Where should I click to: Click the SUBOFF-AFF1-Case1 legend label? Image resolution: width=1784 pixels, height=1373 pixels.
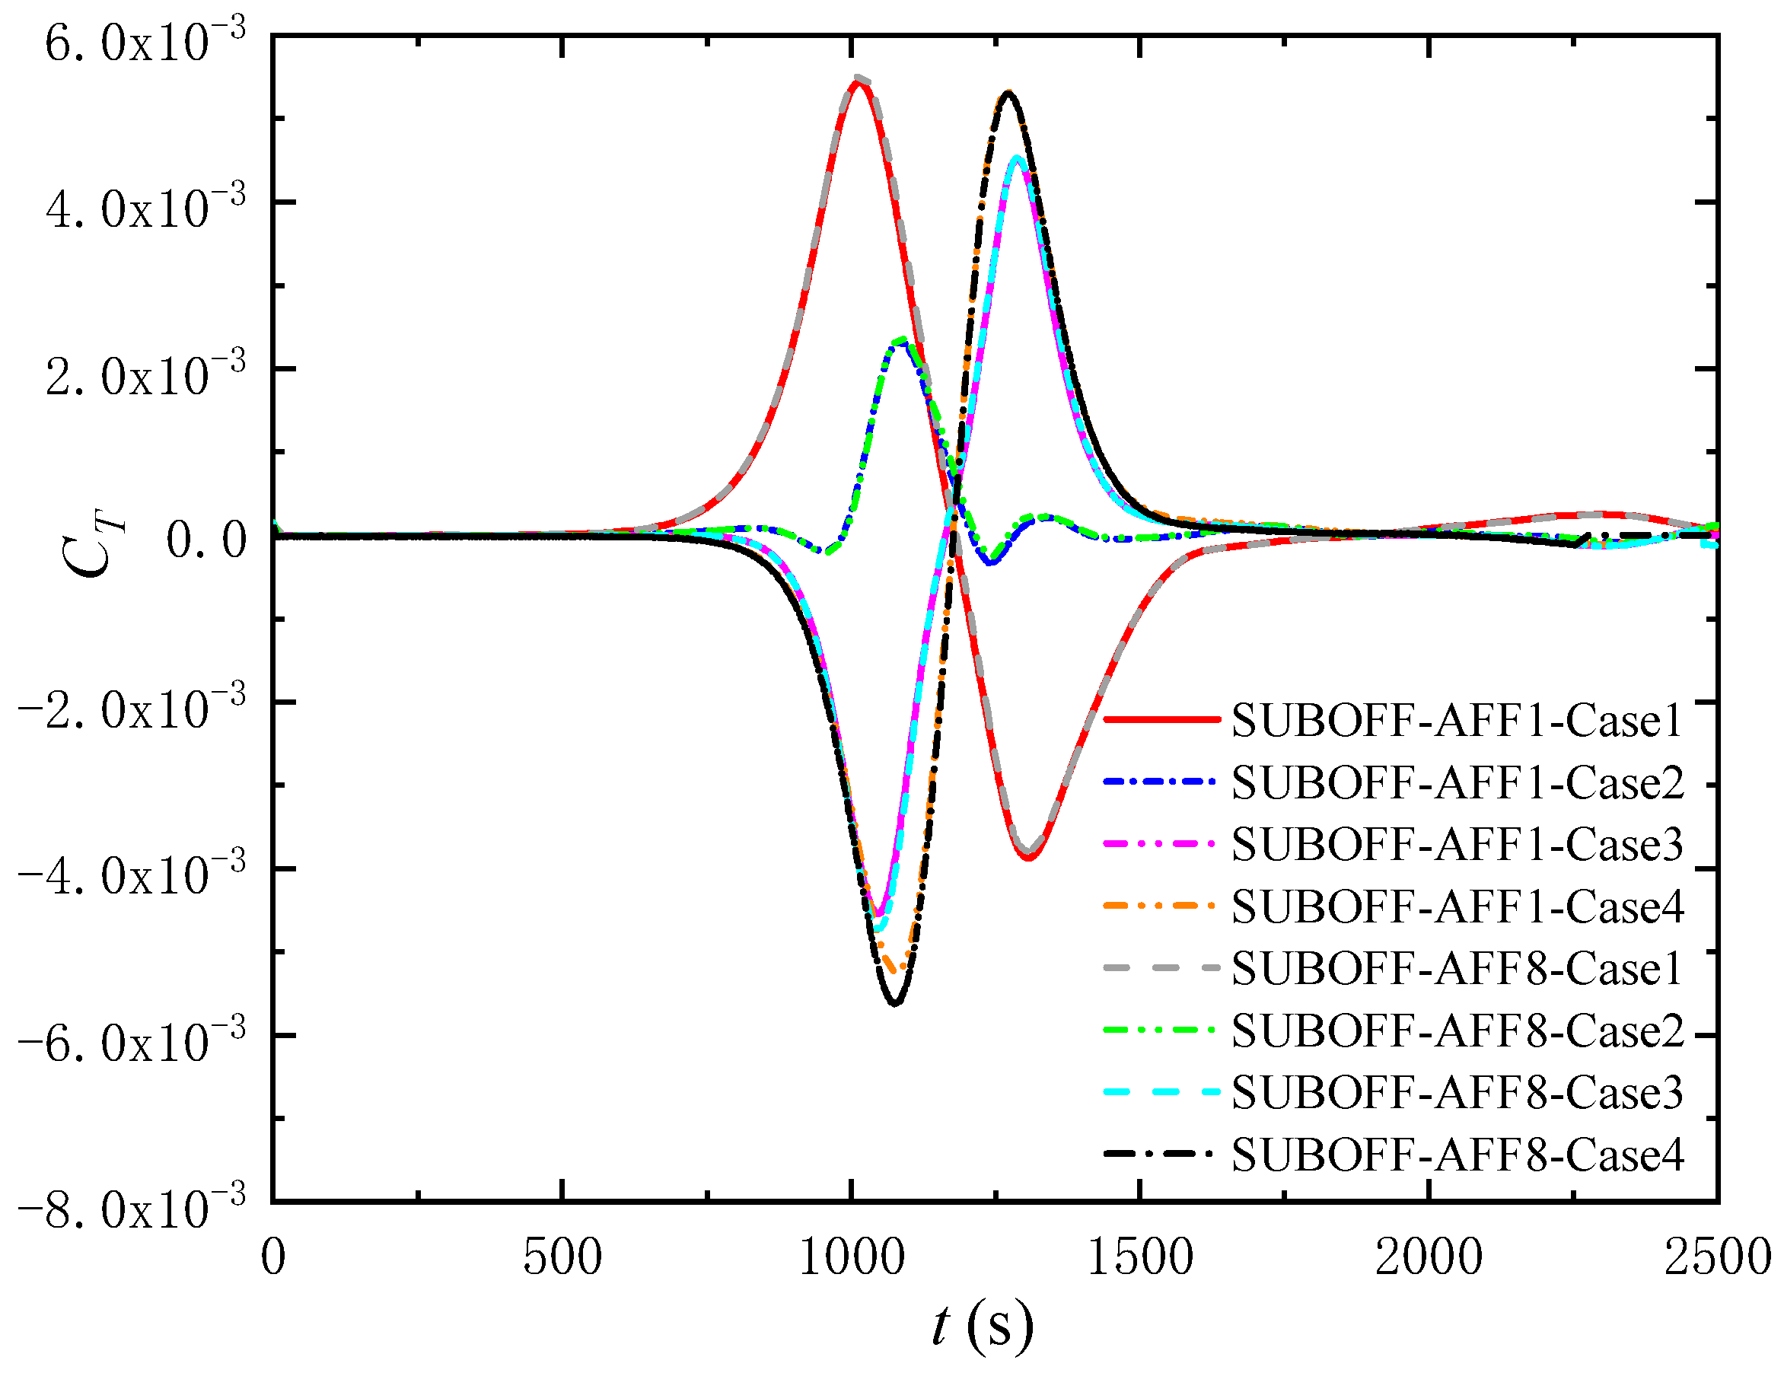click(x=1457, y=721)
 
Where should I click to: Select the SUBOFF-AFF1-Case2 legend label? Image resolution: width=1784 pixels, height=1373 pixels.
click(x=1457, y=782)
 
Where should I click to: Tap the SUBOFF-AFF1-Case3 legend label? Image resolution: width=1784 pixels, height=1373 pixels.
click(x=1457, y=845)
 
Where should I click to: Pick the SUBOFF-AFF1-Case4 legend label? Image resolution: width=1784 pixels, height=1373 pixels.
click(x=1457, y=906)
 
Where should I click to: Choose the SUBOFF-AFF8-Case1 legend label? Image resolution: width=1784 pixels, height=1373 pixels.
click(x=1457, y=969)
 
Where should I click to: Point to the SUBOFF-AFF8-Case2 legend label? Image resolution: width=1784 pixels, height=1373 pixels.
click(x=1457, y=1031)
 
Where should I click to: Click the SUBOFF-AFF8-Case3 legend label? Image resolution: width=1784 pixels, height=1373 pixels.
click(x=1457, y=1093)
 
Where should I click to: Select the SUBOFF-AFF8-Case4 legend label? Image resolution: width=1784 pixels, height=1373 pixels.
click(x=1457, y=1155)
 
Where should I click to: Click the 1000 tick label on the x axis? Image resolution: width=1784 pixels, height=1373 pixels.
click(x=852, y=1257)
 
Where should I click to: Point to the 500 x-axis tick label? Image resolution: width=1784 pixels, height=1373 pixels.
click(x=562, y=1257)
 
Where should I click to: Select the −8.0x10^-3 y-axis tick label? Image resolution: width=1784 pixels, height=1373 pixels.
click(x=131, y=1208)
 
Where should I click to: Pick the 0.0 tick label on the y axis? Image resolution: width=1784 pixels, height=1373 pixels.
click(x=205, y=540)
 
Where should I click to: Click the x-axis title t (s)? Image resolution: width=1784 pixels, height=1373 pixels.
click(x=983, y=1325)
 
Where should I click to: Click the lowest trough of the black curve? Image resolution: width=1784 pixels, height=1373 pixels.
click(x=895, y=1003)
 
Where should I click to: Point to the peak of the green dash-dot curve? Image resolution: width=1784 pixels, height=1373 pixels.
click(x=902, y=339)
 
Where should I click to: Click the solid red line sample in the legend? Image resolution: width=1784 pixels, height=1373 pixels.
click(x=1161, y=719)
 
